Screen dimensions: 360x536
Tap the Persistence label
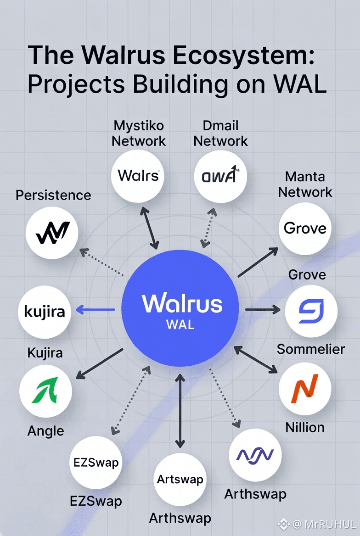coord(53,195)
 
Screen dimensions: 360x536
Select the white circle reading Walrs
coord(138,175)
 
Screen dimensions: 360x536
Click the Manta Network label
coord(305,184)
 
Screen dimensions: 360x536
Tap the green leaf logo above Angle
coord(45,390)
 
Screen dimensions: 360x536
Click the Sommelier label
coord(311,349)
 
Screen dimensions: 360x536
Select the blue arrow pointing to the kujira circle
coord(95,311)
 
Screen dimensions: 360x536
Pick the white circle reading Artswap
coord(180,480)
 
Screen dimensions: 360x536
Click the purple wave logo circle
coord(255,455)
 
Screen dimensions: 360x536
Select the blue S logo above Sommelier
coord(311,311)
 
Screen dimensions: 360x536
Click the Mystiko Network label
coord(139,133)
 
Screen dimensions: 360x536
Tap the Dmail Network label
coord(220,133)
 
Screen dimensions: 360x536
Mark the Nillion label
coord(305,427)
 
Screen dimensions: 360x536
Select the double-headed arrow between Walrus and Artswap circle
coord(180,411)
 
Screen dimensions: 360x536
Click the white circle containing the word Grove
coord(305,228)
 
